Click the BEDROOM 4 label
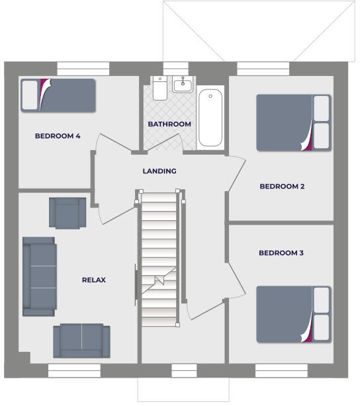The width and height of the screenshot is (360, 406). [58, 136]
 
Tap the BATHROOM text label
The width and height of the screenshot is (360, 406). [169, 124]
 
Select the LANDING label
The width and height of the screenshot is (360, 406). [159, 171]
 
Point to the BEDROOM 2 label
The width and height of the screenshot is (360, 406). [282, 186]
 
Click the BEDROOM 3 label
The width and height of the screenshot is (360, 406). [281, 253]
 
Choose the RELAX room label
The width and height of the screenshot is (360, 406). [94, 280]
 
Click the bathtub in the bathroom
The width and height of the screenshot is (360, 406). [210, 118]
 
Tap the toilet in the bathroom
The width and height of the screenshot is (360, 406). [159, 88]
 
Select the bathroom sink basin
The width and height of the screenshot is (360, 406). [183, 85]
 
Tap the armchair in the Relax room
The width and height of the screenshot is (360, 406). [67, 212]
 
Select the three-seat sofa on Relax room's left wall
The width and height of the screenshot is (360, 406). [39, 276]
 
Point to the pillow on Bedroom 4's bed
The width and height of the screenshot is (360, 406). [30, 95]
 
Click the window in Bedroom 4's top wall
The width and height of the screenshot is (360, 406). [83, 68]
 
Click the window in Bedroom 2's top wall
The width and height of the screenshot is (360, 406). [263, 68]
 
